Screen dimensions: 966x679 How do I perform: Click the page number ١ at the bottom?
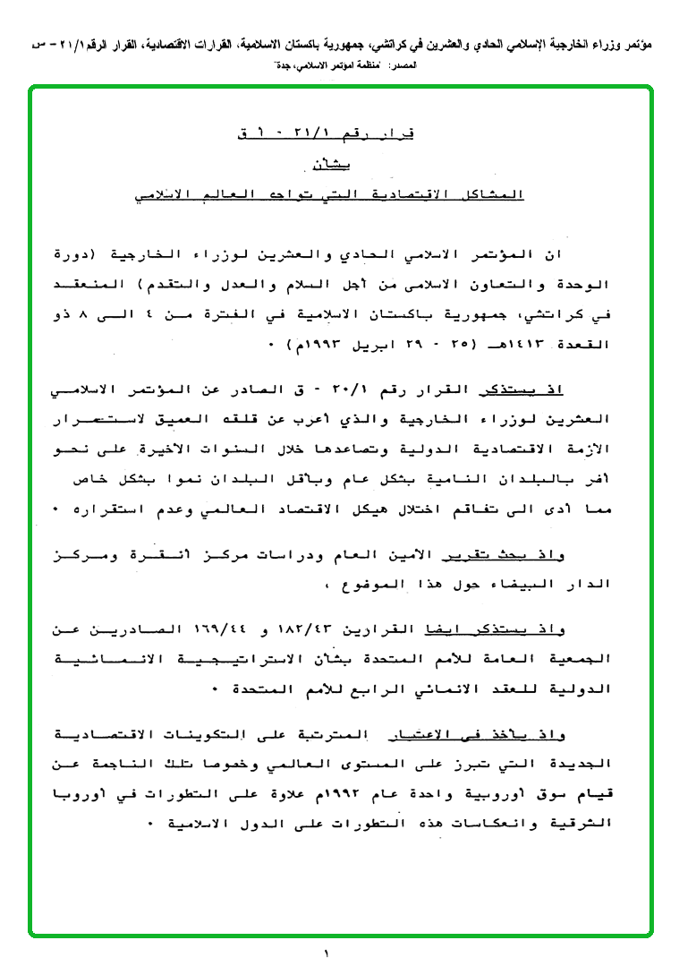[327, 953]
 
